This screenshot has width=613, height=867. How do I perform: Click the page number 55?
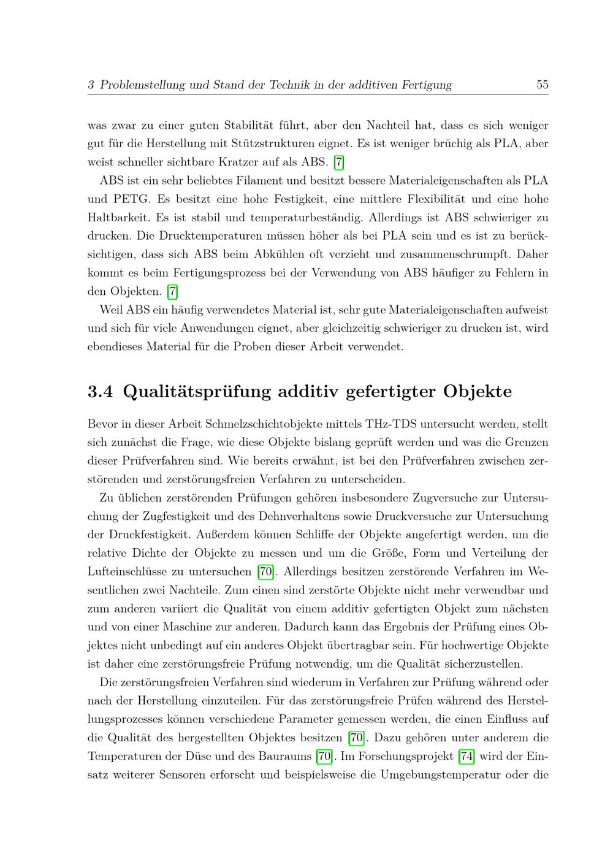pos(542,85)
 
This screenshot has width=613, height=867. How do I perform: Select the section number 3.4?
pos(101,392)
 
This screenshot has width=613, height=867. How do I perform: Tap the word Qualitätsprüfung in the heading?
pos(197,392)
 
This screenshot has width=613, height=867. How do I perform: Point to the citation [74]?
pos(466,756)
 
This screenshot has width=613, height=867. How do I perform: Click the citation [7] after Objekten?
pos(172,291)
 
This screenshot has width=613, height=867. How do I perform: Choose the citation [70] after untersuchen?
pos(265,572)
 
